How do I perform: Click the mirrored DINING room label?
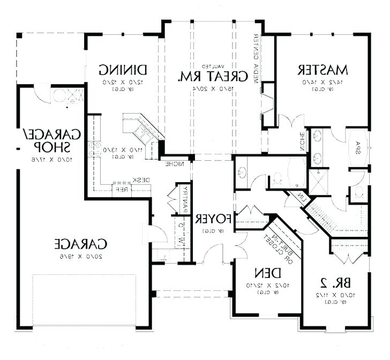coord(123,70)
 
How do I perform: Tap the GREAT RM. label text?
coord(216,76)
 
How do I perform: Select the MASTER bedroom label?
coord(323,70)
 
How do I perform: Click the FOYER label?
coord(213,219)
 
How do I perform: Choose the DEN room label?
coord(262,271)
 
